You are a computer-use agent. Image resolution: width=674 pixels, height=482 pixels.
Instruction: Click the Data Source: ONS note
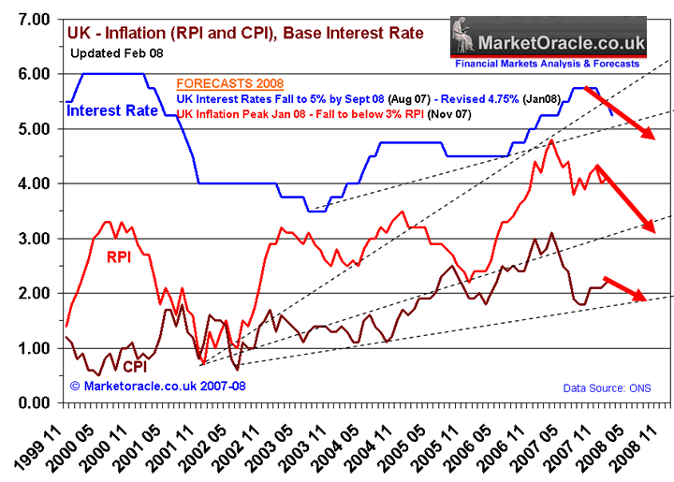tap(607, 387)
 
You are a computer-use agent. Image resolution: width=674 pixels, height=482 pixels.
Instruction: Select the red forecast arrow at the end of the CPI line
tap(624, 289)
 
